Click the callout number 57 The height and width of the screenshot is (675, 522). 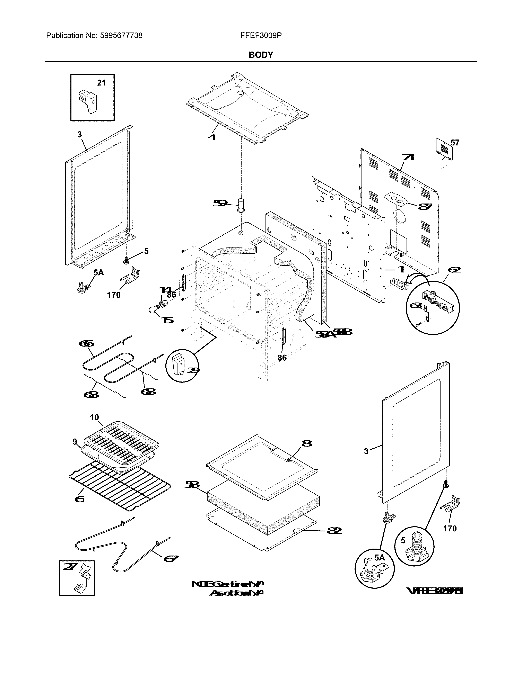coord(455,143)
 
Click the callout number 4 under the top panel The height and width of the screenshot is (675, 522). coord(212,136)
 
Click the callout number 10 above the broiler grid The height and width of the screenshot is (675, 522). coord(94,417)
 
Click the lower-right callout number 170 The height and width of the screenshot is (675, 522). coord(450,529)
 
